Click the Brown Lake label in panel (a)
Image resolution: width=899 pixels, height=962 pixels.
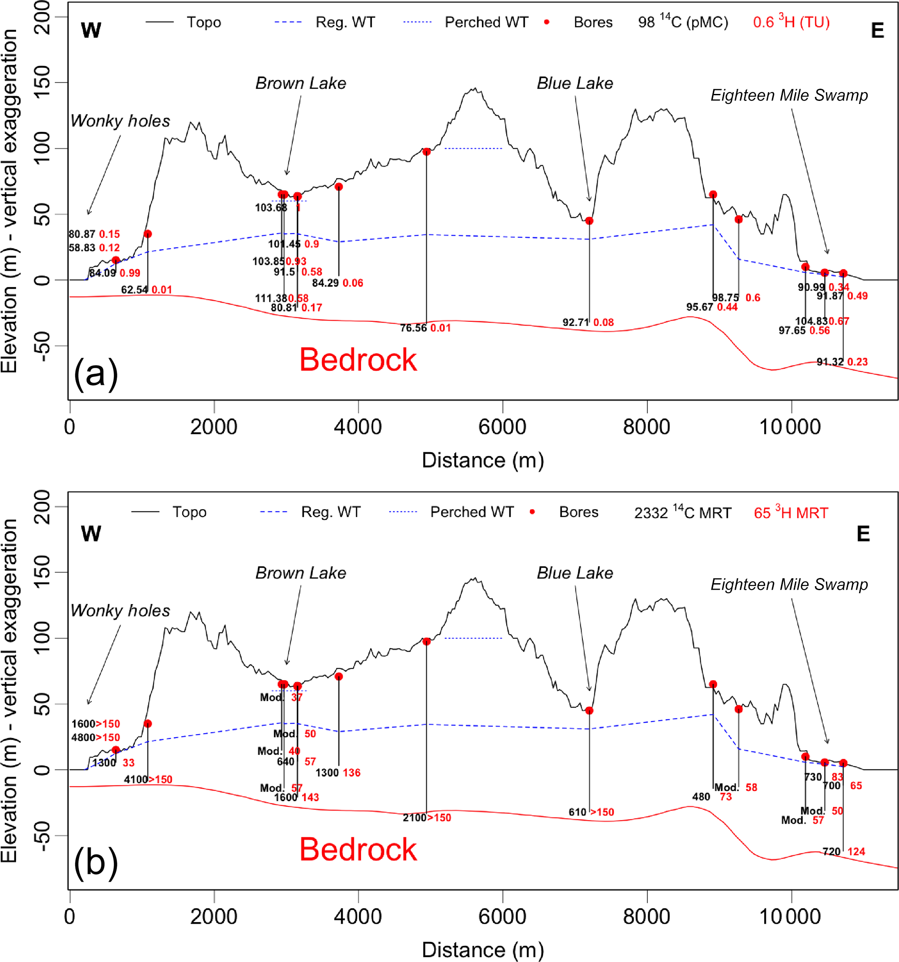(x=301, y=83)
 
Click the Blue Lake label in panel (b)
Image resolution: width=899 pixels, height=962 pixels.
(x=575, y=573)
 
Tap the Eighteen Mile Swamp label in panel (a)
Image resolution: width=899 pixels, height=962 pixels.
(x=789, y=95)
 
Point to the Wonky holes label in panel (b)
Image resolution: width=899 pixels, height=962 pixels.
(x=120, y=611)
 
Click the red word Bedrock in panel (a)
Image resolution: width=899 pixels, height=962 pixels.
(x=358, y=360)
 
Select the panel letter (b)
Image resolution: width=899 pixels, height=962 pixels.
(x=95, y=863)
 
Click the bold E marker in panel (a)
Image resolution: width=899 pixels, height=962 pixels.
(x=877, y=31)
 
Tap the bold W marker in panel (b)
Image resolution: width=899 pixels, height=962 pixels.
(x=91, y=534)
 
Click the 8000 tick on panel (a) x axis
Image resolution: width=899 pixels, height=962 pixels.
(x=646, y=427)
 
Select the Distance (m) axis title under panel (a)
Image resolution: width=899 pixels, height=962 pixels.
(x=483, y=460)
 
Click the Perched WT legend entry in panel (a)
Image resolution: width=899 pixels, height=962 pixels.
(x=486, y=22)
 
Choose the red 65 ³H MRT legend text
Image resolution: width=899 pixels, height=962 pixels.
(x=791, y=513)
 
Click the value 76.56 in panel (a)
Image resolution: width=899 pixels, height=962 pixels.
(x=413, y=328)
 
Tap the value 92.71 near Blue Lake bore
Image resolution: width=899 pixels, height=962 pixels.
(x=575, y=322)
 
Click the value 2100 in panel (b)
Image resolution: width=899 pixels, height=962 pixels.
(x=414, y=818)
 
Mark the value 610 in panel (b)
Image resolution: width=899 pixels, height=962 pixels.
(x=577, y=812)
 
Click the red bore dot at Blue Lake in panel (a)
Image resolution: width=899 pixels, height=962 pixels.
(x=589, y=220)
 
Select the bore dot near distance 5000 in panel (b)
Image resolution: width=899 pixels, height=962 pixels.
(x=426, y=641)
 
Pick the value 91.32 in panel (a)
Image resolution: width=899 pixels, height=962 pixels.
(x=830, y=362)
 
